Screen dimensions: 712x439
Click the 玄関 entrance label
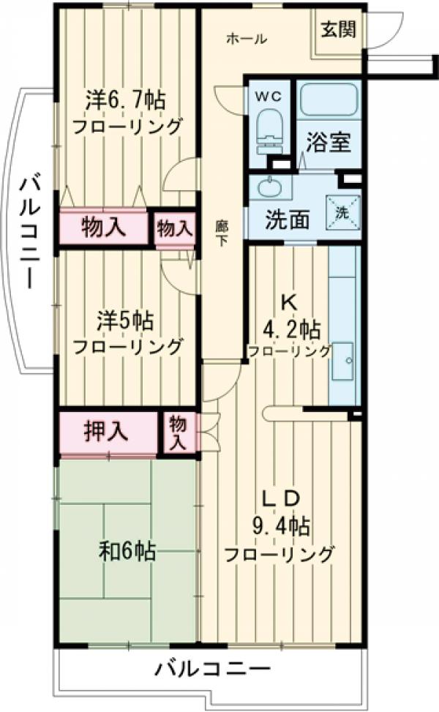click(x=338, y=30)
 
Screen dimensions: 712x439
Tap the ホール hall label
click(x=246, y=40)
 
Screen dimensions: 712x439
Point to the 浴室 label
click(x=329, y=142)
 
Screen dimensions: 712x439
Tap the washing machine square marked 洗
click(x=342, y=211)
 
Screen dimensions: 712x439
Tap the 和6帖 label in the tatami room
click(x=127, y=551)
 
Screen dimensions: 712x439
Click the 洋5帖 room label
click(x=124, y=321)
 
